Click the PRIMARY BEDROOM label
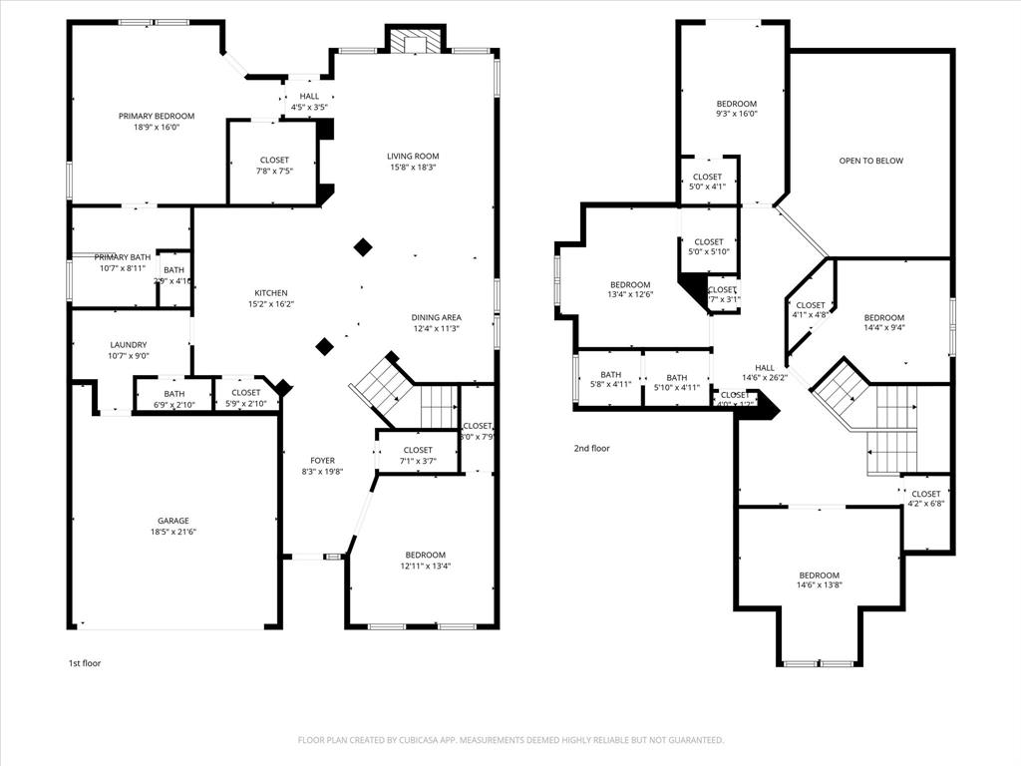click(x=157, y=116)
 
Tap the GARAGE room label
click(x=172, y=521)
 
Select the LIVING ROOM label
click(x=413, y=156)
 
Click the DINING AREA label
click(x=437, y=317)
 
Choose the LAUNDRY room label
click(x=129, y=345)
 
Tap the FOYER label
click(x=322, y=461)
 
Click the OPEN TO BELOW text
click(x=870, y=161)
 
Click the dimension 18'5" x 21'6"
click(x=172, y=533)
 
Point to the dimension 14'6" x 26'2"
click(x=765, y=378)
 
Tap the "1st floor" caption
click(x=85, y=663)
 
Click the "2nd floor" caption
click(x=591, y=449)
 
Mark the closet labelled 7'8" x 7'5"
click(x=274, y=166)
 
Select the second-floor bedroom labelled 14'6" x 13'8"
click(x=819, y=580)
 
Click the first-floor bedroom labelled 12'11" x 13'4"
click(x=425, y=561)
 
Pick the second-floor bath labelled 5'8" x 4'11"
click(x=610, y=379)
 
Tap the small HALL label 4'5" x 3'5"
click(x=309, y=102)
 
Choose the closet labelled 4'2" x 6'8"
click(x=925, y=499)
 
